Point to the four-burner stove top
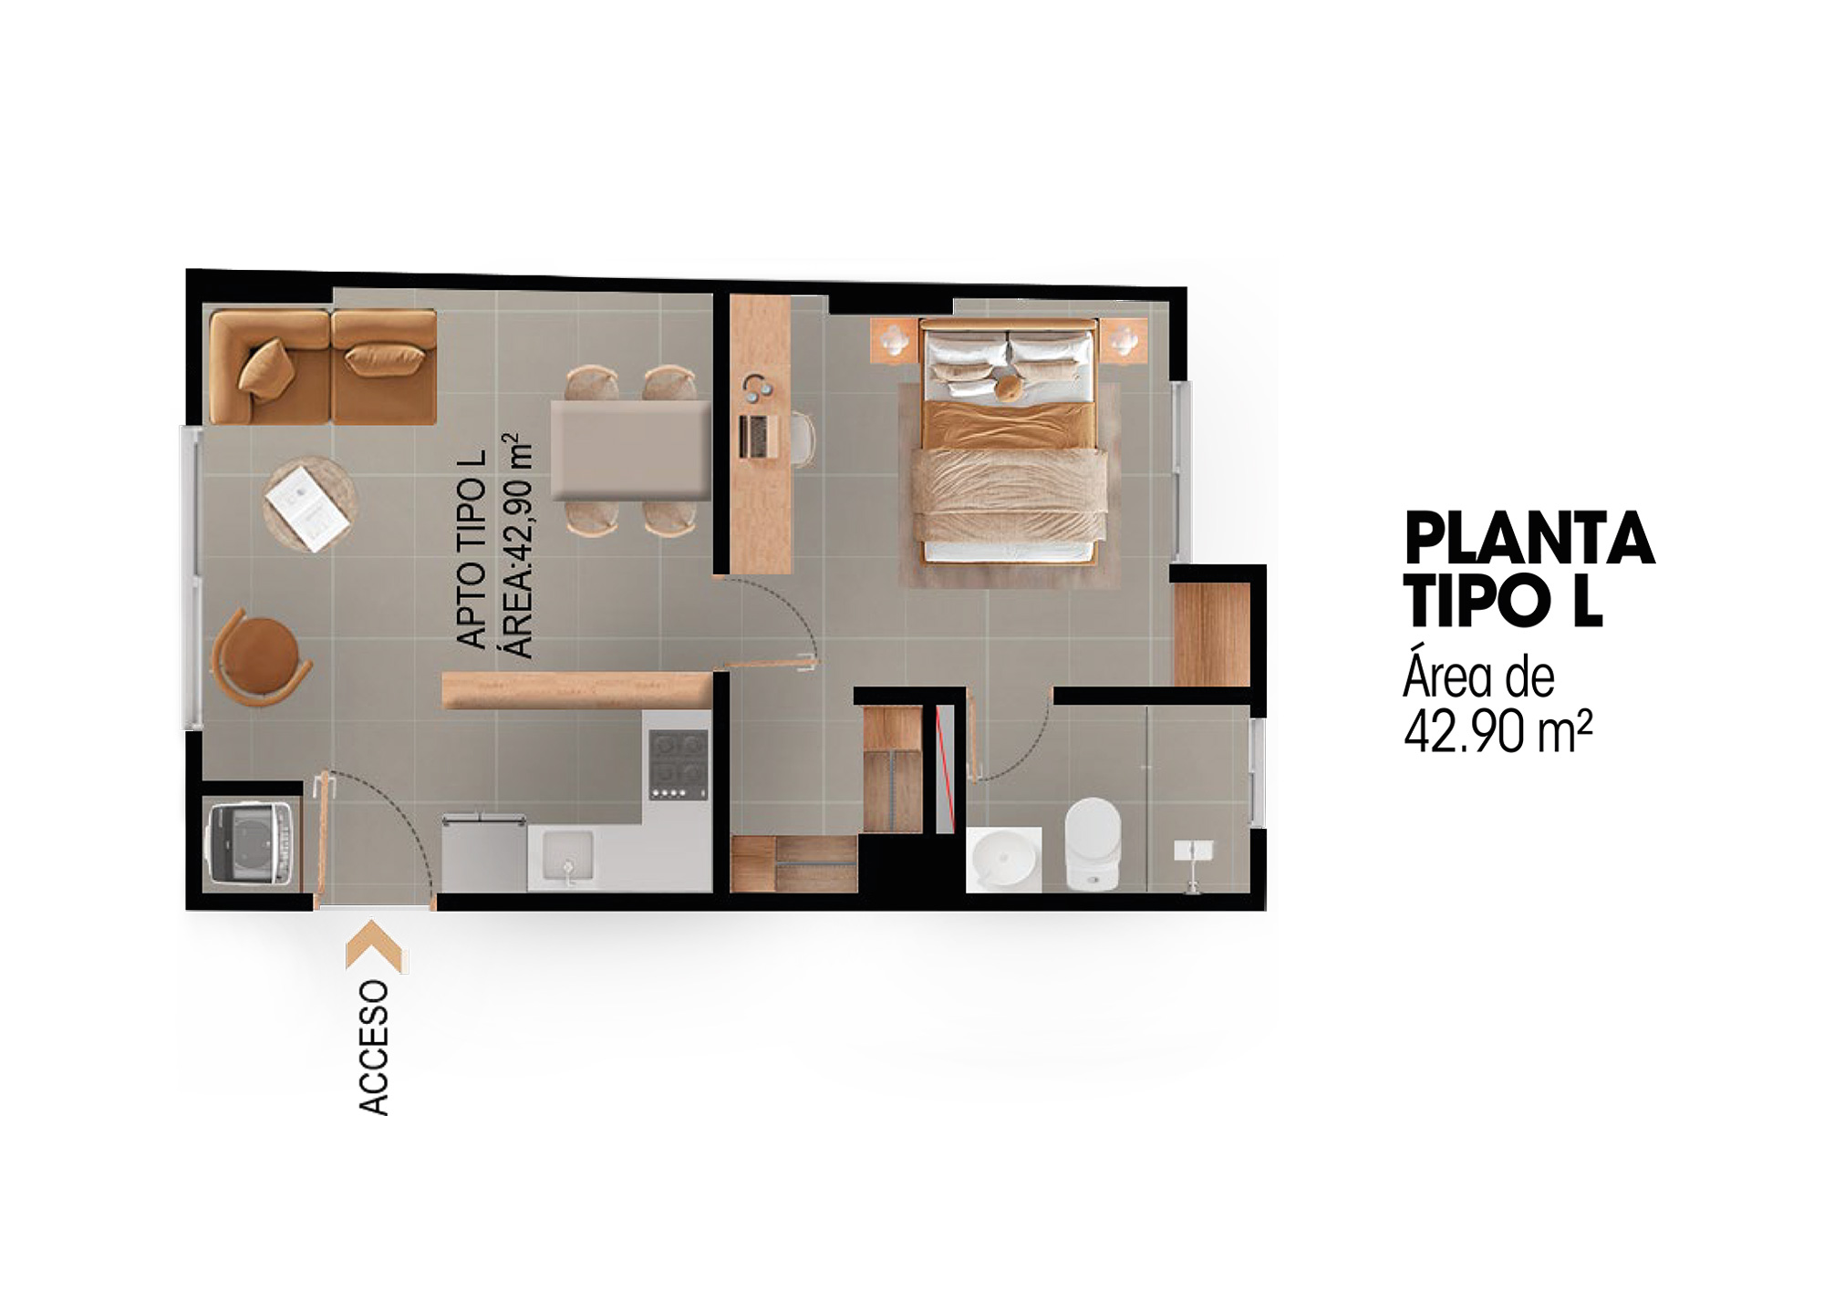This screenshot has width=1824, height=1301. click(679, 764)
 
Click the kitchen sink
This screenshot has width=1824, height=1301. click(568, 860)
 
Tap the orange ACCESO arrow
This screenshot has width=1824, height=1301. click(375, 945)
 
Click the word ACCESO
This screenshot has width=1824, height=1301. click(374, 1048)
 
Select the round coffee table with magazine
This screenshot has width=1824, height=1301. click(309, 504)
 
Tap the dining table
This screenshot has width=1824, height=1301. click(630, 450)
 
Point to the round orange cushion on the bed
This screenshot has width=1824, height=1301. click(1009, 388)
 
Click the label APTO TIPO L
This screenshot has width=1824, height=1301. click(472, 550)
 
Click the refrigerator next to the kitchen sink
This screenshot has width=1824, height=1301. click(484, 853)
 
